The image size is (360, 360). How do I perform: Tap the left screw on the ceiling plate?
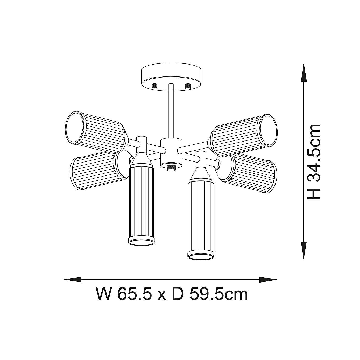[154, 86]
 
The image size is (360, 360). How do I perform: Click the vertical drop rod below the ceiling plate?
[171, 111]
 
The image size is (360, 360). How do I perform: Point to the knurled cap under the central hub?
[171, 167]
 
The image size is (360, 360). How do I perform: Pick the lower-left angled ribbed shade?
[93, 171]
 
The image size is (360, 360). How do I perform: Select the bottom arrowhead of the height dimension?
[304, 250]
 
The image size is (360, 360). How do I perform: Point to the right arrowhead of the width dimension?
[268, 279]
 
